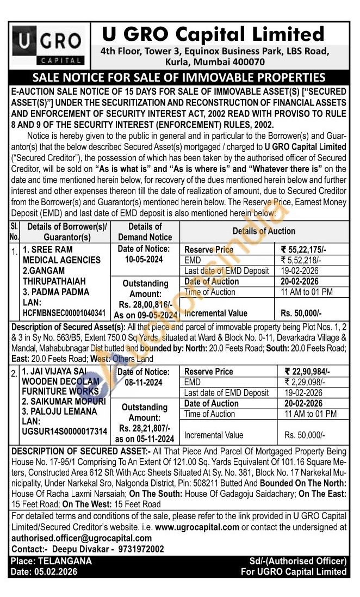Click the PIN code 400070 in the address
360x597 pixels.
point(245,62)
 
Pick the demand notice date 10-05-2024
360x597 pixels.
point(144,260)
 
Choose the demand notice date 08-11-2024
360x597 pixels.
point(144,383)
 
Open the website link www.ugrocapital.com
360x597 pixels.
point(197,527)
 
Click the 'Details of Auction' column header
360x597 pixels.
point(264,231)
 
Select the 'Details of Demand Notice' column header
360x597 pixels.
point(144,231)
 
